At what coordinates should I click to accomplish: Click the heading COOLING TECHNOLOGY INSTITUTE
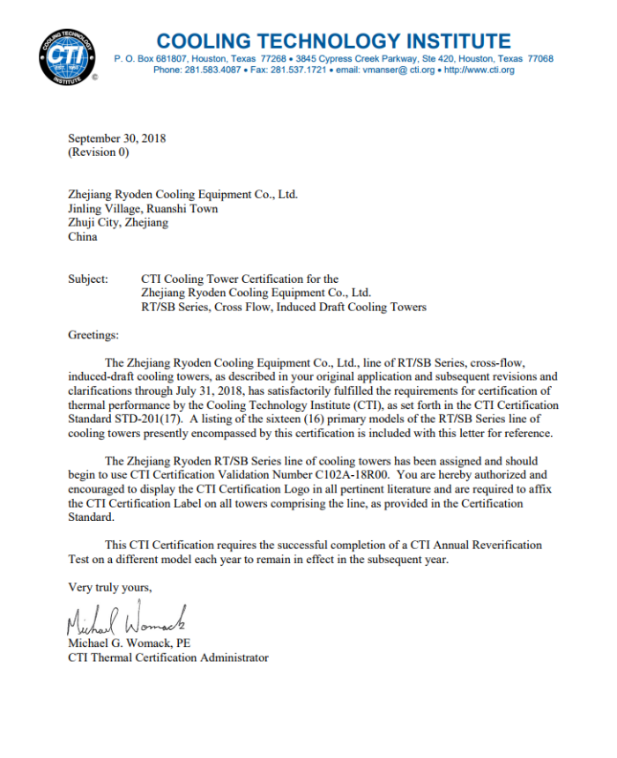tap(332, 41)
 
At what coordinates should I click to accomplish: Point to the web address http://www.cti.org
tap(479, 71)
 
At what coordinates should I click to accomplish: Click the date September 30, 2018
tap(117, 138)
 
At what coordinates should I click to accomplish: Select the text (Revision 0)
tap(99, 152)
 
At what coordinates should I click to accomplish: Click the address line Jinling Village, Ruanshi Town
tap(143, 209)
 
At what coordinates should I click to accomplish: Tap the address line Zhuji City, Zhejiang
tap(118, 223)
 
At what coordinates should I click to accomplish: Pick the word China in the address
tap(83, 236)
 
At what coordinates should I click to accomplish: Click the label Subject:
tap(88, 279)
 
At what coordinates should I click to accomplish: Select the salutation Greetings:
tap(93, 335)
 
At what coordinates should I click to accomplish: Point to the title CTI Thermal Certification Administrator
tap(168, 658)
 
